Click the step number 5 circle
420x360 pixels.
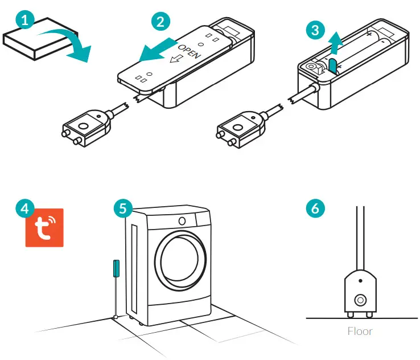122,208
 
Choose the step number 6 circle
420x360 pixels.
317,208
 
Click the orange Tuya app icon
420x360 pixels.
44,227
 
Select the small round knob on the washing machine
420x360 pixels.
182,220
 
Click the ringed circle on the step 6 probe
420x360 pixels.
360,300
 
